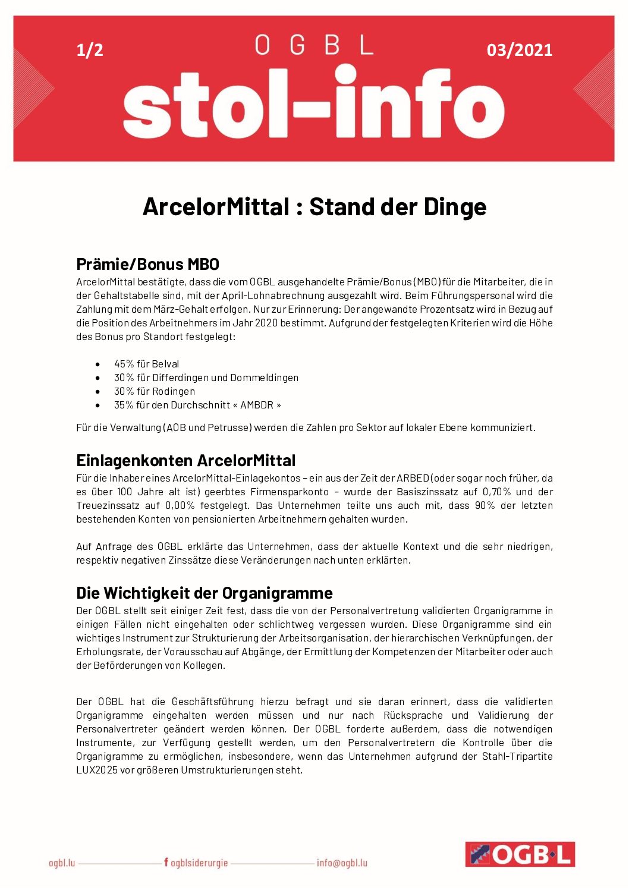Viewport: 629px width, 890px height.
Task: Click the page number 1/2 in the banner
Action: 90,50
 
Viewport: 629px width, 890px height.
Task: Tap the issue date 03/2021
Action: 519,50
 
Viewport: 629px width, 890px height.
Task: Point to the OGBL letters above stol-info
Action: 314,45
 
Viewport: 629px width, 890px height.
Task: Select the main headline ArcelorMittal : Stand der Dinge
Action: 314,207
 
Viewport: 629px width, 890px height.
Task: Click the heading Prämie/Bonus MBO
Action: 147,264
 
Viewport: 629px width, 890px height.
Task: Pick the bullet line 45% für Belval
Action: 146,364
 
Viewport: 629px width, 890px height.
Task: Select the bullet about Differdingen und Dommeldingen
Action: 206,378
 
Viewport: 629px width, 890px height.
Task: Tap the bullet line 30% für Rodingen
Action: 154,391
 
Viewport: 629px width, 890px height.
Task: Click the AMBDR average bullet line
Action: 197,405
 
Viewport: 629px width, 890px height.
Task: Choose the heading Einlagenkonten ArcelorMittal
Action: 185,461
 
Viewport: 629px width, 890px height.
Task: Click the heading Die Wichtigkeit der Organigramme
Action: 204,593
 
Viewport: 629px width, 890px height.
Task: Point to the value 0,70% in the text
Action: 496,492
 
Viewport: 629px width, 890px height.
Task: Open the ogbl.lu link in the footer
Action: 62,863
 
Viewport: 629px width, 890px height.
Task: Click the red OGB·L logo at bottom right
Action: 520,854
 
